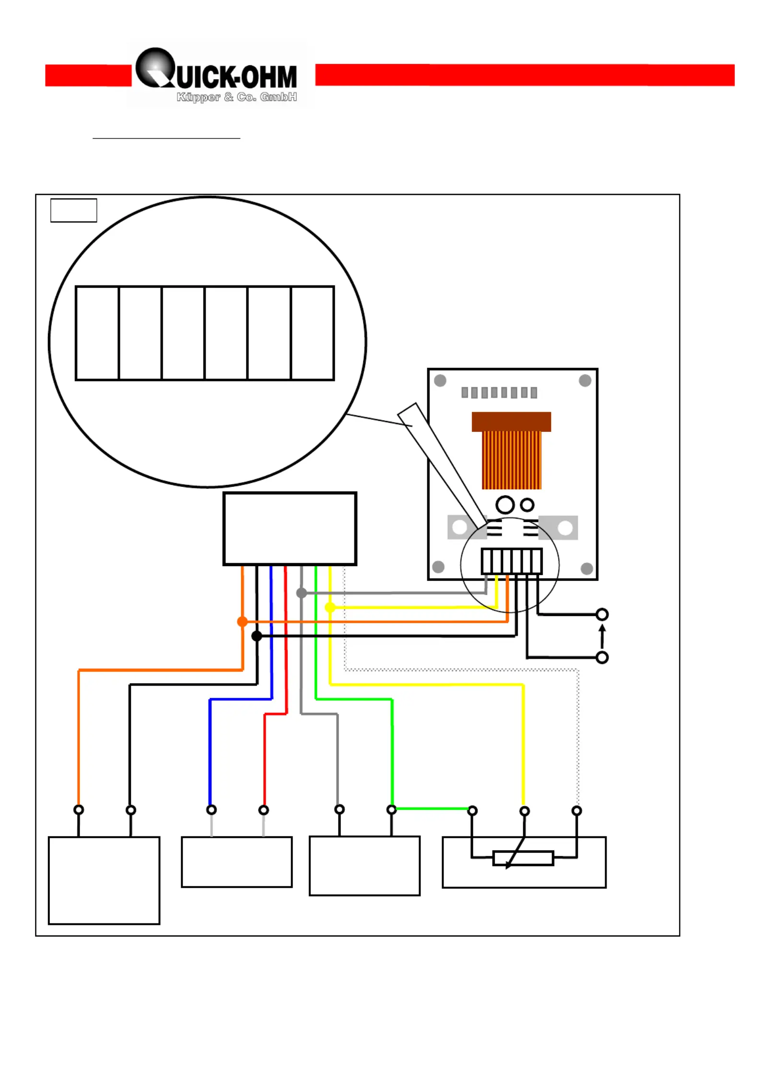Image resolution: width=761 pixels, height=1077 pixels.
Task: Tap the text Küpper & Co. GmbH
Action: point(237,97)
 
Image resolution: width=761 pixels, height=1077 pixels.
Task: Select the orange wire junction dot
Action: point(243,622)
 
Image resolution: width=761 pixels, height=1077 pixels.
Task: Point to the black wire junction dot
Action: point(257,636)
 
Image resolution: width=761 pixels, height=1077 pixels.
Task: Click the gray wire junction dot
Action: point(302,593)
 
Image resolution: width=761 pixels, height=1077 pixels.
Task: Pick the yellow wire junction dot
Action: point(330,607)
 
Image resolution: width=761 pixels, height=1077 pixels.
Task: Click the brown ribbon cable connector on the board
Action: point(511,422)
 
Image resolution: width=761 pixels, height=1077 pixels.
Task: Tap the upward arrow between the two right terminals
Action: point(602,636)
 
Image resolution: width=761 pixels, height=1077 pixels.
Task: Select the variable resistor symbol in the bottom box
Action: point(524,858)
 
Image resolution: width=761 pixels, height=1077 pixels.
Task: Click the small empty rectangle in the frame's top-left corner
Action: point(74,210)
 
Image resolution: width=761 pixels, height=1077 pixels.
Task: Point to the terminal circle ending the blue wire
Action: point(211,810)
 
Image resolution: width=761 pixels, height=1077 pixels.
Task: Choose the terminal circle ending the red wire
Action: point(264,810)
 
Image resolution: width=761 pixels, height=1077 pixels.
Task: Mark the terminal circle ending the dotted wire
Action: point(577,811)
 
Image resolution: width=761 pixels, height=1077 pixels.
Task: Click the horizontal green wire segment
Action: point(432,809)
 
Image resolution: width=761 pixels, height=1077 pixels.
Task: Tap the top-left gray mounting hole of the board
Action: point(440,380)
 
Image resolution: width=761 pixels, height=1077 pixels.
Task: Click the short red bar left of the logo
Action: point(88,75)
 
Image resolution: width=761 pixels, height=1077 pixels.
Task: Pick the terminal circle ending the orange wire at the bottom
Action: point(79,810)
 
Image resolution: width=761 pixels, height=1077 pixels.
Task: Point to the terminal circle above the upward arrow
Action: point(602,614)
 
